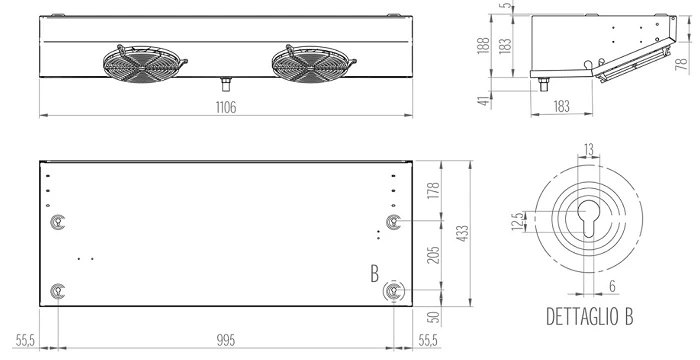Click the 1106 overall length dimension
[x=226, y=108]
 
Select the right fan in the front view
[x=313, y=64]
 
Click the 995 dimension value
[x=226, y=340]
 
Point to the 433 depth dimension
[x=463, y=233]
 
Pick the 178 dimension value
[x=433, y=191]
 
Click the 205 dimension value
[x=433, y=255]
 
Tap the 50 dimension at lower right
[x=433, y=317]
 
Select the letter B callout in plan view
[x=375, y=274]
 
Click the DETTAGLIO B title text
[x=589, y=316]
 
